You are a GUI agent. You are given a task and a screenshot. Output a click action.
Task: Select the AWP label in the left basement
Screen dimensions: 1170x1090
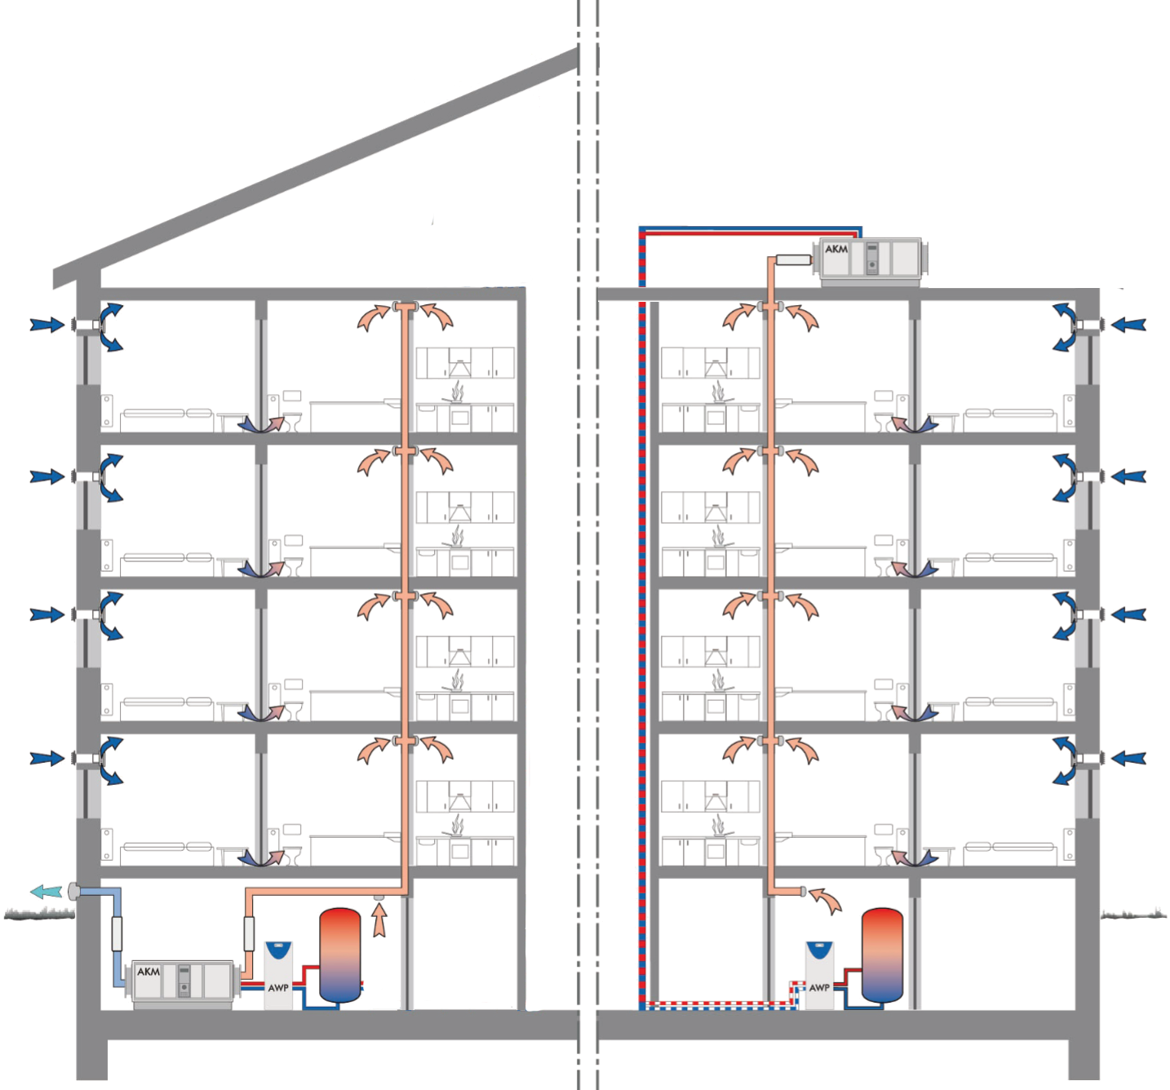(278, 987)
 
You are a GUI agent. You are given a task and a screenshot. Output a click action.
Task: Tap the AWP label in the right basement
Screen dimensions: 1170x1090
(819, 987)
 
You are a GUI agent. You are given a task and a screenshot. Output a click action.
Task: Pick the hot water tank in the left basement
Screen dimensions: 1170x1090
(340, 955)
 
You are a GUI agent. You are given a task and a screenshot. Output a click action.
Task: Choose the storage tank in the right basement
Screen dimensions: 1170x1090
(882, 955)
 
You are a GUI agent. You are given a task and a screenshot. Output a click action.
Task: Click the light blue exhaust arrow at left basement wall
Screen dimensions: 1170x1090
(46, 892)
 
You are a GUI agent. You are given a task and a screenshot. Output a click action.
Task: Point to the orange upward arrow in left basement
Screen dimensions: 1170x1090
(379, 919)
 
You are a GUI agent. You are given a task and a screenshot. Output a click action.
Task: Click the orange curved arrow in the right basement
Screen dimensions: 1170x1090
(826, 901)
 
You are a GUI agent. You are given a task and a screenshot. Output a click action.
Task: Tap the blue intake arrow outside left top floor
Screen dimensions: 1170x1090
(47, 324)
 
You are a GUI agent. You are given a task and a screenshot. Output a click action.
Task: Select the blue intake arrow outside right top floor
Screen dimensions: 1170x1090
(1128, 324)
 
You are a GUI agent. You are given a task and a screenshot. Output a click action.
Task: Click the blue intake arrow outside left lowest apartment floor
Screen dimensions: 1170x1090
(47, 758)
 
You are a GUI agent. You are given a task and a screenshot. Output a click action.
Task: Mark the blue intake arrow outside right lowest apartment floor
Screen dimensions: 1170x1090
(1128, 758)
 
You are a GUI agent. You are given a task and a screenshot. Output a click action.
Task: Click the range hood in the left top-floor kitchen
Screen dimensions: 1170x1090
(460, 365)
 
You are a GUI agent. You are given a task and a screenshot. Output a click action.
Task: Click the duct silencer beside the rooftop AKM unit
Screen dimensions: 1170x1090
(794, 259)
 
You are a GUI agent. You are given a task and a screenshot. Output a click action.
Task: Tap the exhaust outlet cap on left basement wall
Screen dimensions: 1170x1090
(73, 892)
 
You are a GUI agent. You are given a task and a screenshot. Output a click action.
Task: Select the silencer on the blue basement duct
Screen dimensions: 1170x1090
(117, 934)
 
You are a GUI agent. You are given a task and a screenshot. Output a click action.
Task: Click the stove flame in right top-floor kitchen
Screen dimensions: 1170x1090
(718, 391)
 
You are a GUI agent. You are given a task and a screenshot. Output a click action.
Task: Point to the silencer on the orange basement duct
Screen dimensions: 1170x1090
(249, 934)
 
